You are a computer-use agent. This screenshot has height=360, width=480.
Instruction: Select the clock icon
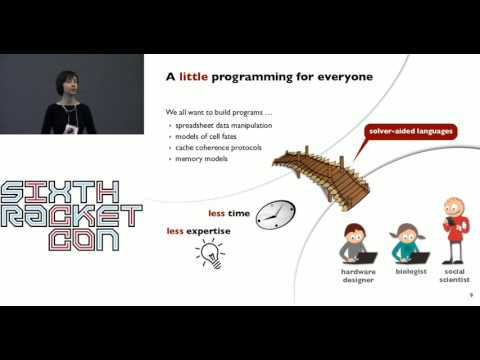[275, 214]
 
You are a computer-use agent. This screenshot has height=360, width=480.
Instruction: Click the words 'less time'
[229, 214]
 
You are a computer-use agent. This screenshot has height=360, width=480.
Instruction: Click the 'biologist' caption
[409, 271]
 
